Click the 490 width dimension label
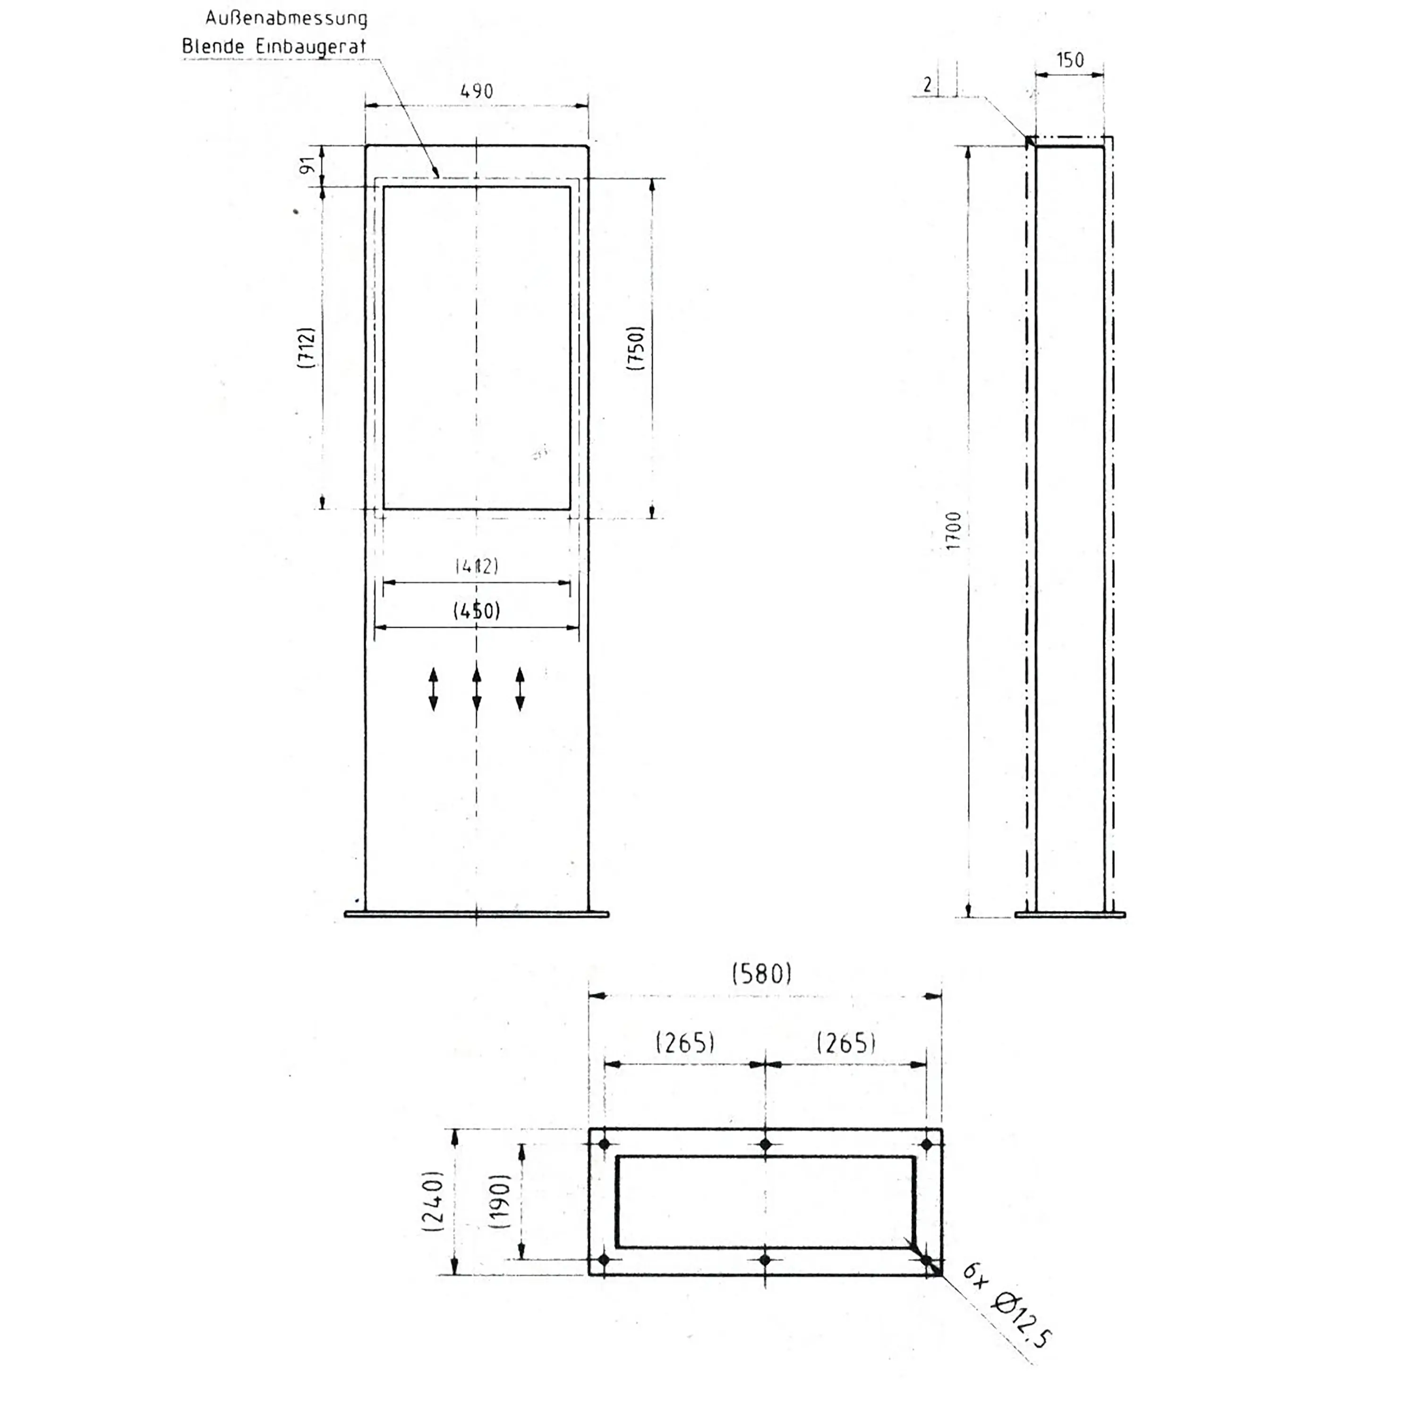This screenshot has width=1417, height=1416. (476, 92)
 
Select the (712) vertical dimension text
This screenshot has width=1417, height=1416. (307, 347)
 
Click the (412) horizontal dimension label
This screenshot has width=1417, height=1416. (477, 565)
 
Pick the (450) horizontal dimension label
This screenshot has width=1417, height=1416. (477, 610)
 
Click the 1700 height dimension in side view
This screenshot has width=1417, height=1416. (953, 530)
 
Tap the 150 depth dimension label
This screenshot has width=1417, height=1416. (1070, 60)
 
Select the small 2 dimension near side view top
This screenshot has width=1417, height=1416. (928, 85)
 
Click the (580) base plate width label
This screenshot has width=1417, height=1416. (762, 973)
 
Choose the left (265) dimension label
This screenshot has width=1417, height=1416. (685, 1042)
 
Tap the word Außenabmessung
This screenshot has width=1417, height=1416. (286, 17)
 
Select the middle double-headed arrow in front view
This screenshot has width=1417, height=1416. (477, 689)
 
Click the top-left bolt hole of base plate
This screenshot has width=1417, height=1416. (605, 1144)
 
